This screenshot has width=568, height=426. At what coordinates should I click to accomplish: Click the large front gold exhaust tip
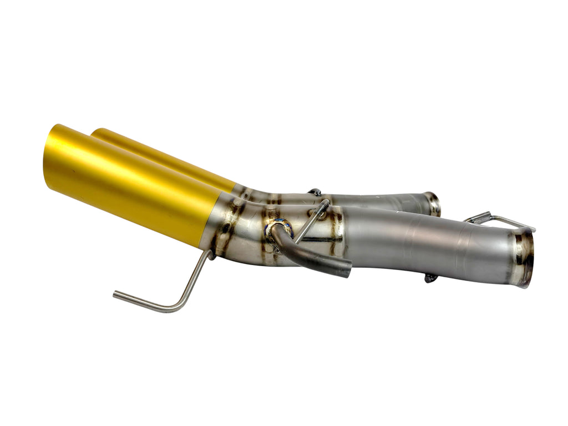133,183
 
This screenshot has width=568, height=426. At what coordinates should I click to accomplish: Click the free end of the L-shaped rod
116,295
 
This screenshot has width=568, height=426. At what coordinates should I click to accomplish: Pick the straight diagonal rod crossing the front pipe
311,222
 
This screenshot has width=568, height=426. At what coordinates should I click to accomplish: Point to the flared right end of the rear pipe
433,203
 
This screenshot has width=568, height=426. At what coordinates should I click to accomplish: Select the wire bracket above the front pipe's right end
499,220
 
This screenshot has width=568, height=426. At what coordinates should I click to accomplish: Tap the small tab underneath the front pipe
431,278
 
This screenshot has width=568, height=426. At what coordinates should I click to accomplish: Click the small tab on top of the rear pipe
315,192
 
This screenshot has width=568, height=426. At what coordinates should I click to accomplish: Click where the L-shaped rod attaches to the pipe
208,256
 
